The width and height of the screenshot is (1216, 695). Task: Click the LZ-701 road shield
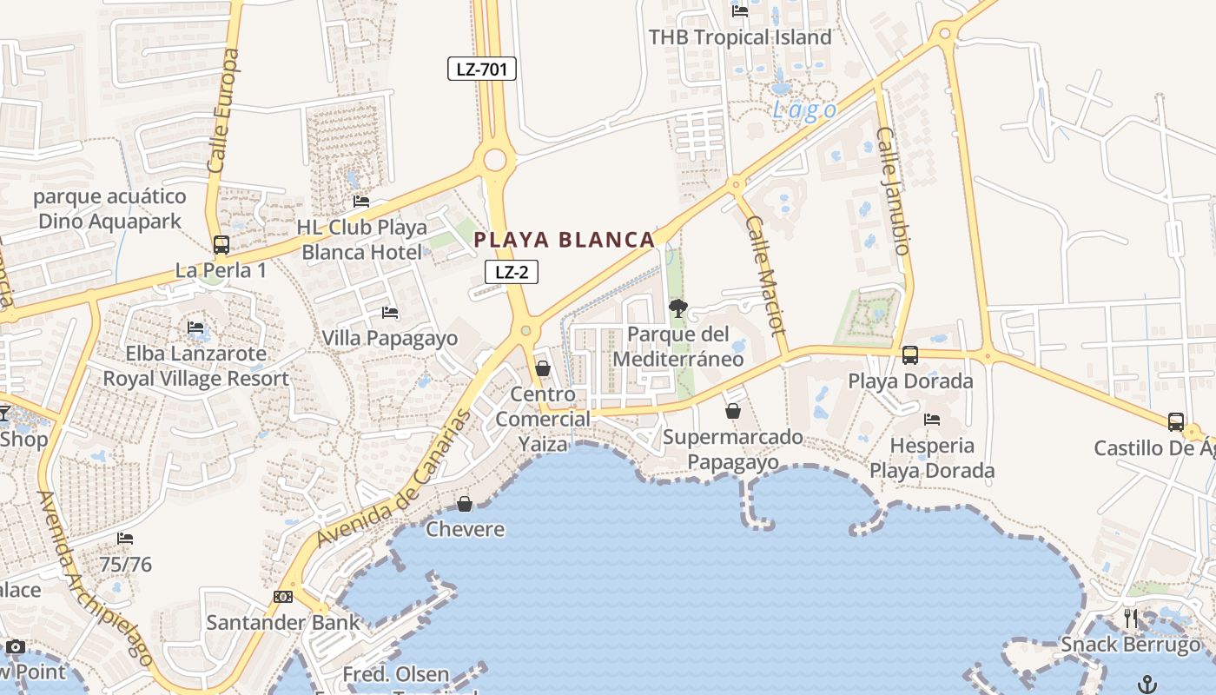point(482,69)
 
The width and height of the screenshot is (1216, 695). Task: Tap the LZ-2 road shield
point(512,272)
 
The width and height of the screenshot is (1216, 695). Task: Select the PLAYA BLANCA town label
point(565,240)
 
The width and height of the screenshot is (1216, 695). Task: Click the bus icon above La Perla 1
point(221,245)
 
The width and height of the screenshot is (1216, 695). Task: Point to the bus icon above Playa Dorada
point(910,354)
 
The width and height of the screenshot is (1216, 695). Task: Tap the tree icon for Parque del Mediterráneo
point(678,308)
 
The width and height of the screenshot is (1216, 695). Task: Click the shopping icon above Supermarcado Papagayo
point(733,411)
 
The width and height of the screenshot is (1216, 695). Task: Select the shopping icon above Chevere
point(465,504)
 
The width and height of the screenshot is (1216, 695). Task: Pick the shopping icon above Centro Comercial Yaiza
point(543,368)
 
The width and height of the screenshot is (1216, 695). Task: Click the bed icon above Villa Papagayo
point(390,312)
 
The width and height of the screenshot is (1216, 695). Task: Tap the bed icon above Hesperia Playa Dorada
point(932,419)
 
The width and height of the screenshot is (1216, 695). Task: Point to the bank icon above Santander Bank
point(283,597)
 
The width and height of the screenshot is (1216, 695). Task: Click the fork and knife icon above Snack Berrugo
point(1131,619)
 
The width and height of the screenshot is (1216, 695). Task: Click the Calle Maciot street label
point(765,275)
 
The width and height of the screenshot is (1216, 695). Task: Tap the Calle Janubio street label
point(894,191)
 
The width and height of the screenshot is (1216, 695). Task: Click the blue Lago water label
point(805,110)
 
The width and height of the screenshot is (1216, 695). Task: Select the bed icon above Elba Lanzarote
point(195,328)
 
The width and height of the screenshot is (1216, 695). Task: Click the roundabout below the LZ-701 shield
point(495,159)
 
